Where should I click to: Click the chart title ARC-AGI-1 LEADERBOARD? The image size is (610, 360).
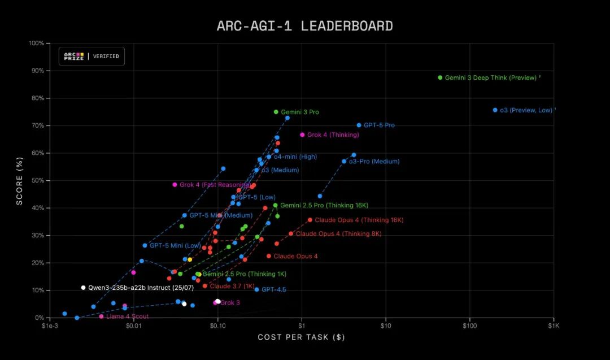[x=304, y=26]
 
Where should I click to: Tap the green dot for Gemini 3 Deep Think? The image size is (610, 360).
[x=440, y=77]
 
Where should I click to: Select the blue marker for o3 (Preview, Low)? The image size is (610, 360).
[x=495, y=110]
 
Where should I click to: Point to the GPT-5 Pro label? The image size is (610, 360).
[x=379, y=125]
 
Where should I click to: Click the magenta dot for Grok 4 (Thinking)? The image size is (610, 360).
[x=302, y=135]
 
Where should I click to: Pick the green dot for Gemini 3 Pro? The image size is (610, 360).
[x=276, y=112]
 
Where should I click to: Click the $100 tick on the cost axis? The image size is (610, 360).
[x=470, y=326]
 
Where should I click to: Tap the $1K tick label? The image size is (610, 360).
[x=554, y=326]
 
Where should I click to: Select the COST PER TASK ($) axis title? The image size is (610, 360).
[x=301, y=337]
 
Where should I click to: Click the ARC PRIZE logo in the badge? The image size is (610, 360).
[x=73, y=56]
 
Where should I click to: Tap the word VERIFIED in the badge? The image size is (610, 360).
[x=106, y=57]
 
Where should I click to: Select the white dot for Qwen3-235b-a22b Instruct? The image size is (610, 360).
[x=83, y=288]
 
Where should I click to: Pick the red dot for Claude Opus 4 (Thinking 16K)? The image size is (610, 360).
[x=310, y=220]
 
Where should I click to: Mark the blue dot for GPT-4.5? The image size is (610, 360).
[x=256, y=289]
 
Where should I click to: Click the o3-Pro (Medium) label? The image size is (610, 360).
[x=374, y=162]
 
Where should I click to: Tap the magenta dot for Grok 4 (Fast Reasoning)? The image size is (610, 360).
[x=175, y=184]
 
